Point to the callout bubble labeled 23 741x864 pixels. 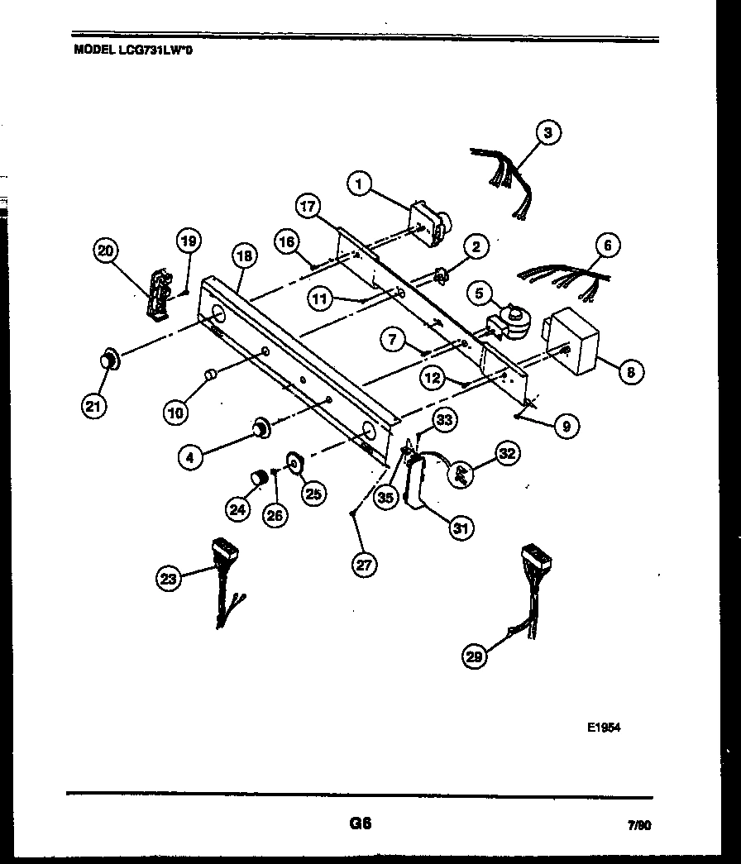coord(170,580)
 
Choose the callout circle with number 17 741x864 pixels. coord(308,206)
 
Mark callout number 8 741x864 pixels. coord(631,372)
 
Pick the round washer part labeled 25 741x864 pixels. coord(294,465)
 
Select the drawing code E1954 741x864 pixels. coord(604,728)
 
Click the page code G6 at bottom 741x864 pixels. coord(360,823)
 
